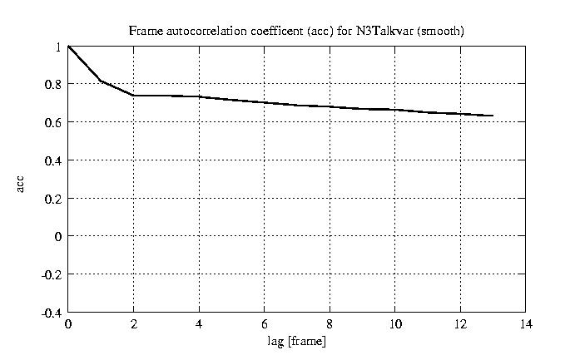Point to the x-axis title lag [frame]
point(296,342)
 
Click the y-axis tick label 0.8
point(54,84)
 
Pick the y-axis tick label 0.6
point(54,122)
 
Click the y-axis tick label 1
point(58,47)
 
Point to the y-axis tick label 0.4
point(54,160)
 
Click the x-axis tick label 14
point(524,324)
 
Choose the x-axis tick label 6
point(264,324)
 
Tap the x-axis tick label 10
point(394,324)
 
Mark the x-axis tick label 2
point(133,324)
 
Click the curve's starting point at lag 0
point(68,47)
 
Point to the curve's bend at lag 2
point(133,96)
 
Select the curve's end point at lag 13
point(493,116)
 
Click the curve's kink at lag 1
point(101,81)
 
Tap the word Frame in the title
point(142,31)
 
